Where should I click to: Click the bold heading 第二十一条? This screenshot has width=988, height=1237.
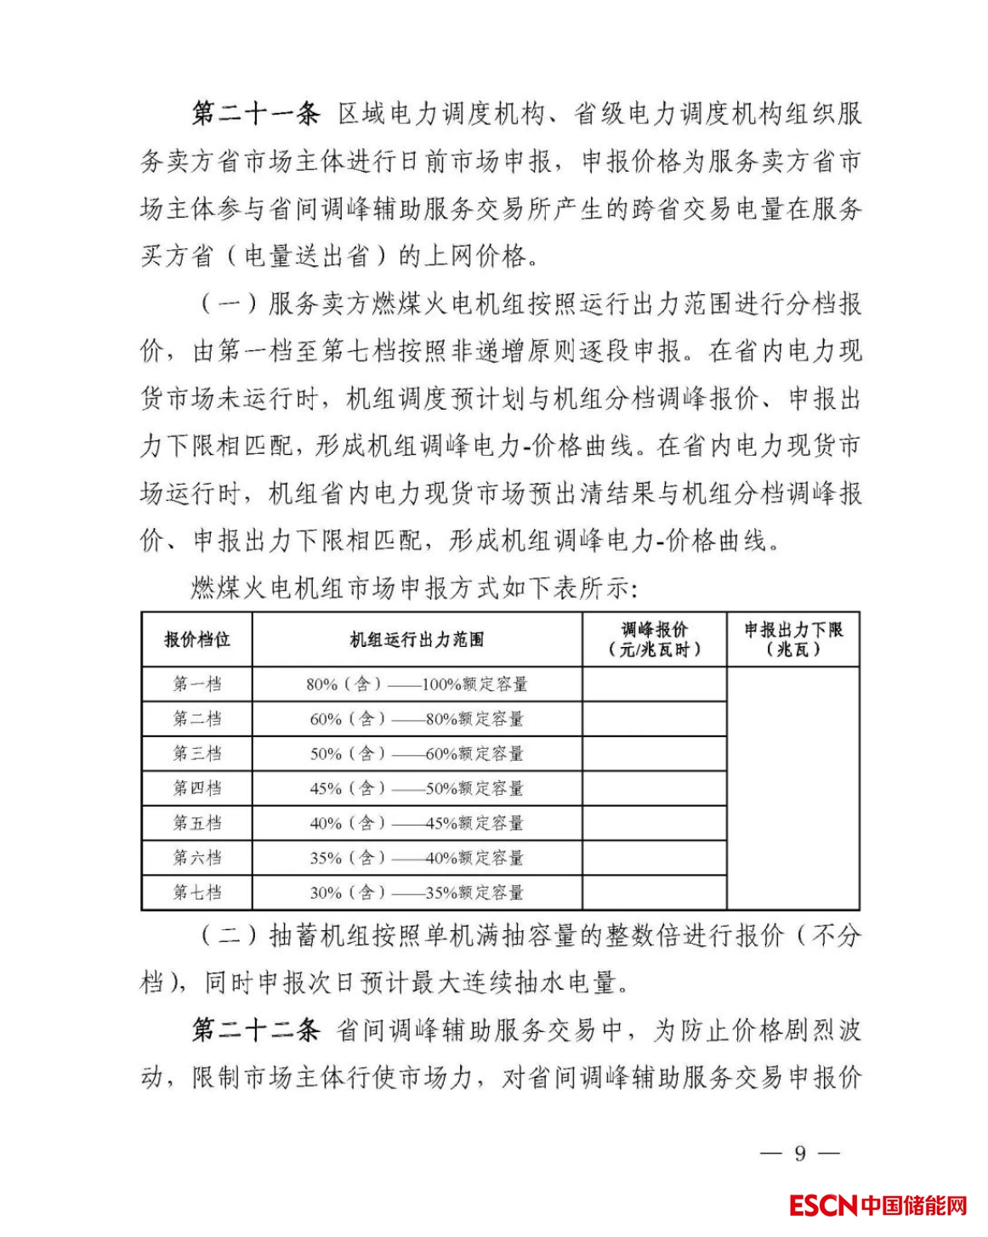click(x=254, y=114)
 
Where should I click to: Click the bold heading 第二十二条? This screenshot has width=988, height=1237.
click(x=254, y=1030)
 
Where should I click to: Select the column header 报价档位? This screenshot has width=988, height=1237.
click(x=197, y=639)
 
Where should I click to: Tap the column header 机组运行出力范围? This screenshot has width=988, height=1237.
click(x=417, y=639)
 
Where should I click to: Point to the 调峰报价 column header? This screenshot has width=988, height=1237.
click(x=654, y=639)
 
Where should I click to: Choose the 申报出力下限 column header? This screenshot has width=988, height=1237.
click(x=793, y=639)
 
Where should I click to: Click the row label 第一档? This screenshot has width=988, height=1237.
click(x=197, y=684)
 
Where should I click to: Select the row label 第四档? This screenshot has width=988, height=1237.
click(x=197, y=788)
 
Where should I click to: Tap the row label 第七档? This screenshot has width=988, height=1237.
click(x=197, y=893)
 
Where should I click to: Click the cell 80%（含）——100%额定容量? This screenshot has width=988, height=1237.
click(x=417, y=684)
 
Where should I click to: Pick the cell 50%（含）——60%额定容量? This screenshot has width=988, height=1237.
click(x=417, y=754)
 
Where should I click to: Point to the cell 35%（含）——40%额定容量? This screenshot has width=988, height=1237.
click(x=417, y=859)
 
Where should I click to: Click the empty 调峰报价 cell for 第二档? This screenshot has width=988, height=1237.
click(x=654, y=719)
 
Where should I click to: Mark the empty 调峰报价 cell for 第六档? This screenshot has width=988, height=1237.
click(x=654, y=859)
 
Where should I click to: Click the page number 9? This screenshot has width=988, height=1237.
click(x=799, y=1154)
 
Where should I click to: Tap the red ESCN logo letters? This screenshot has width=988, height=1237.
click(x=822, y=1206)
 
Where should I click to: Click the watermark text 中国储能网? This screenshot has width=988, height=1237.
click(x=913, y=1206)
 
